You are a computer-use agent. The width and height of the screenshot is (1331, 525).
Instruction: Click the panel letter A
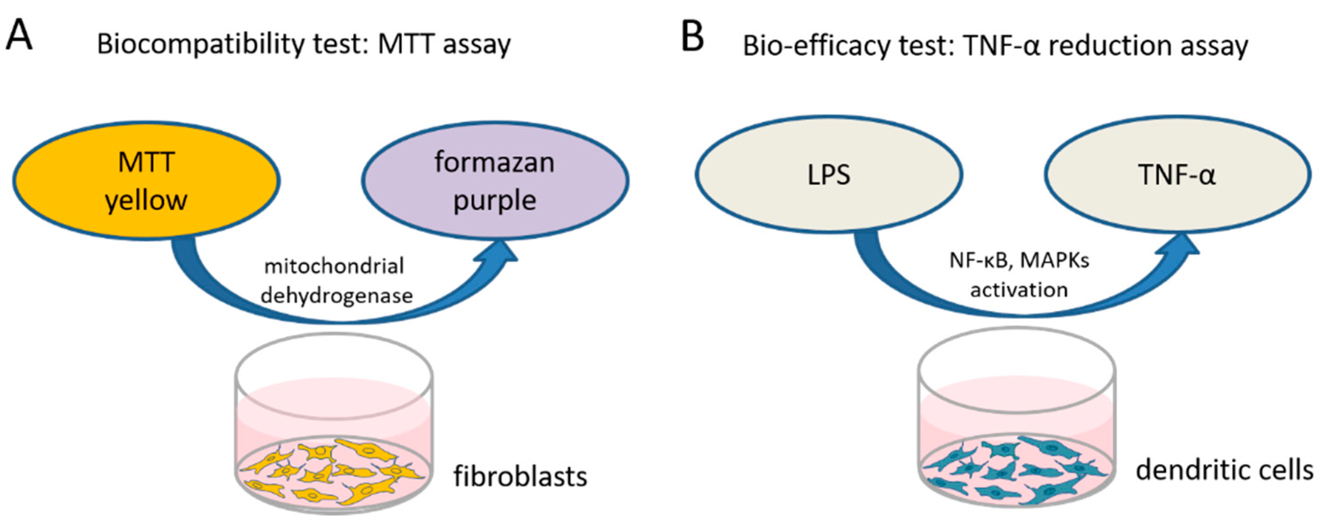19,35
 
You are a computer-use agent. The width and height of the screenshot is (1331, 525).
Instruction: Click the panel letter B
692,36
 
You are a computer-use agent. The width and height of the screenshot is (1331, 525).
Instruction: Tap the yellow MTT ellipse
146,180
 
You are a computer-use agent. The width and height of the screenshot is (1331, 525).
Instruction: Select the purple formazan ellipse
494,180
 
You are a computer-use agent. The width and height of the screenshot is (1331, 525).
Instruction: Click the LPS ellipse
828,174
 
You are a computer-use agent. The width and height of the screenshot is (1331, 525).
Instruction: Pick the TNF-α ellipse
1177,174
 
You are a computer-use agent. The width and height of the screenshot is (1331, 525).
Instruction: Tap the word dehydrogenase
337,296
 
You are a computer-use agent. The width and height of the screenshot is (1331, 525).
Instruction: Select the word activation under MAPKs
1019,290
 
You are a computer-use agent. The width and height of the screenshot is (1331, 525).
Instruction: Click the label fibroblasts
520,476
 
